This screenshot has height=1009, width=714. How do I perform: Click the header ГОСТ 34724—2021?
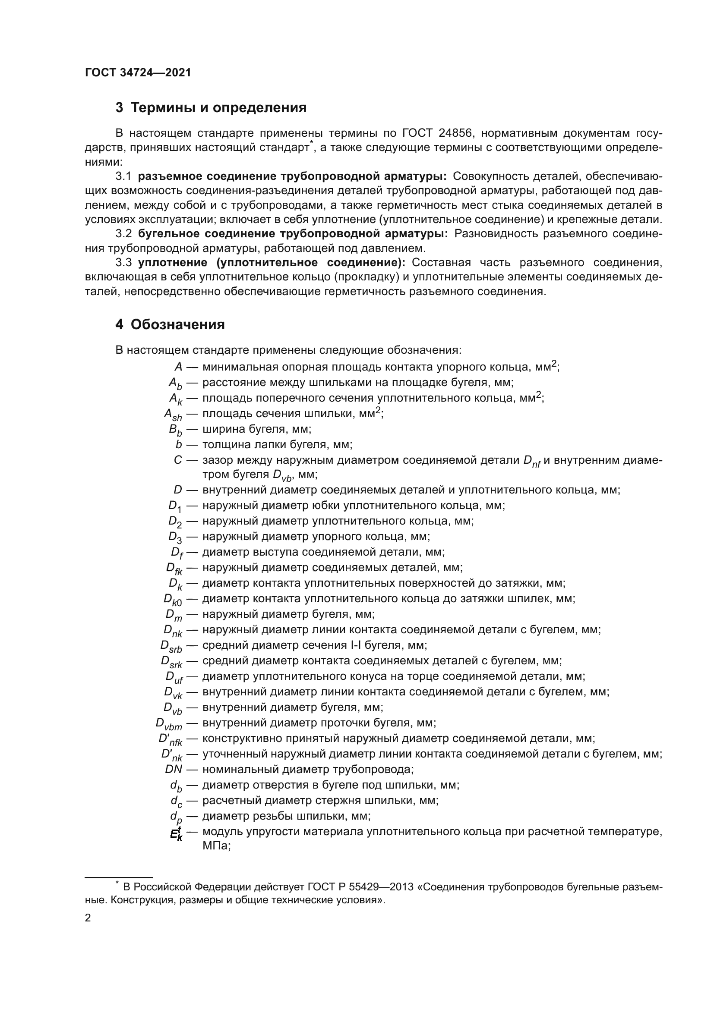tap(138, 73)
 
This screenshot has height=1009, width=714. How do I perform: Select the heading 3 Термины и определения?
tap(211, 108)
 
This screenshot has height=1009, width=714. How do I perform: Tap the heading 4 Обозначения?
tap(170, 324)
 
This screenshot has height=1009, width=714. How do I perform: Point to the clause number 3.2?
tap(123, 234)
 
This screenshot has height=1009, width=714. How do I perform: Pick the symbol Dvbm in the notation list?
tap(169, 724)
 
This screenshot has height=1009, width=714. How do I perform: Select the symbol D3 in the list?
tap(175, 538)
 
